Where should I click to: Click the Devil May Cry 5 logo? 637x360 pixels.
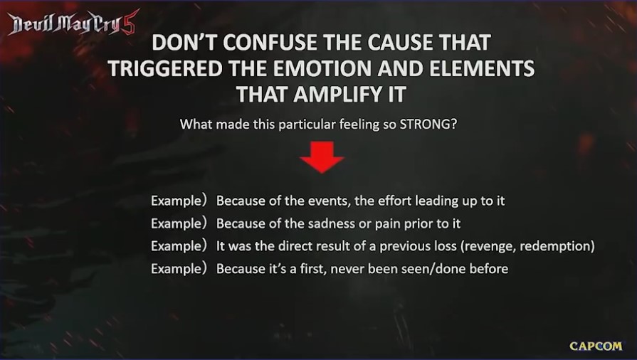point(73,23)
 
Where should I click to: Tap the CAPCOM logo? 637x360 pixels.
point(596,346)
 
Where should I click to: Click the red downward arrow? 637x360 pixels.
point(322,157)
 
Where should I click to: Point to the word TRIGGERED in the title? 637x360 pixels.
point(165,68)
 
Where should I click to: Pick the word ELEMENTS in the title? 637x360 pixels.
point(482,68)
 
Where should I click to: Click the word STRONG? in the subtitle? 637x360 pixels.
point(428,124)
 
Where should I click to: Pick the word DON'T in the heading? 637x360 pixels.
point(185,43)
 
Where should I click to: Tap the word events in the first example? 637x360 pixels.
point(326,201)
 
